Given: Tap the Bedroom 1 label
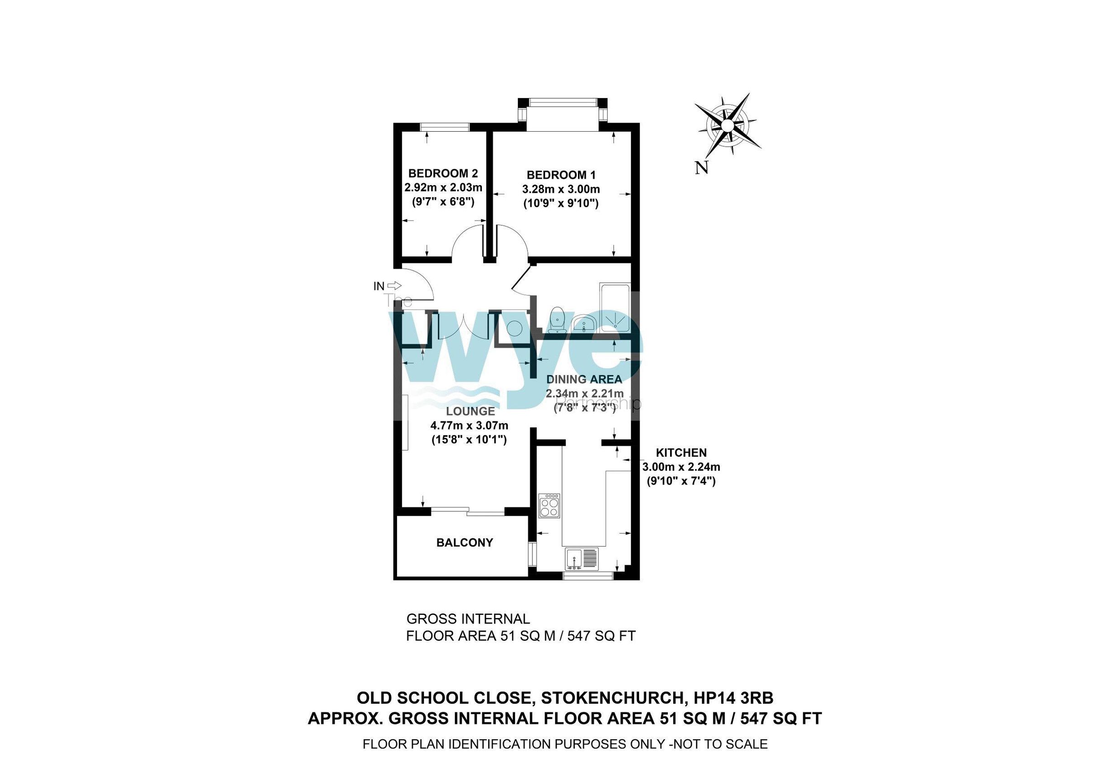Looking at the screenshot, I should pyautogui.click(x=561, y=175).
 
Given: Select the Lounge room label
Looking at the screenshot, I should pyautogui.click(x=470, y=411).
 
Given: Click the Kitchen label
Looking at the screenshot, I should pyautogui.click(x=681, y=453).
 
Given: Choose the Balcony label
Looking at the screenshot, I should pyautogui.click(x=464, y=542).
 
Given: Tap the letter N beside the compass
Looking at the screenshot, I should pyautogui.click(x=701, y=168).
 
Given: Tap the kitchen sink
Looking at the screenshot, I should pyautogui.click(x=582, y=559).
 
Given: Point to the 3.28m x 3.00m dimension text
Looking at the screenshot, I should pyautogui.click(x=561, y=190).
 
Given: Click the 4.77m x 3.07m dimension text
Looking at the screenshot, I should pyautogui.click(x=470, y=425).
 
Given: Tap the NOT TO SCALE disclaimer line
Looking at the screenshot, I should pyautogui.click(x=565, y=744).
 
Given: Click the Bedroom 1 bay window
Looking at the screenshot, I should pyautogui.click(x=562, y=102).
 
